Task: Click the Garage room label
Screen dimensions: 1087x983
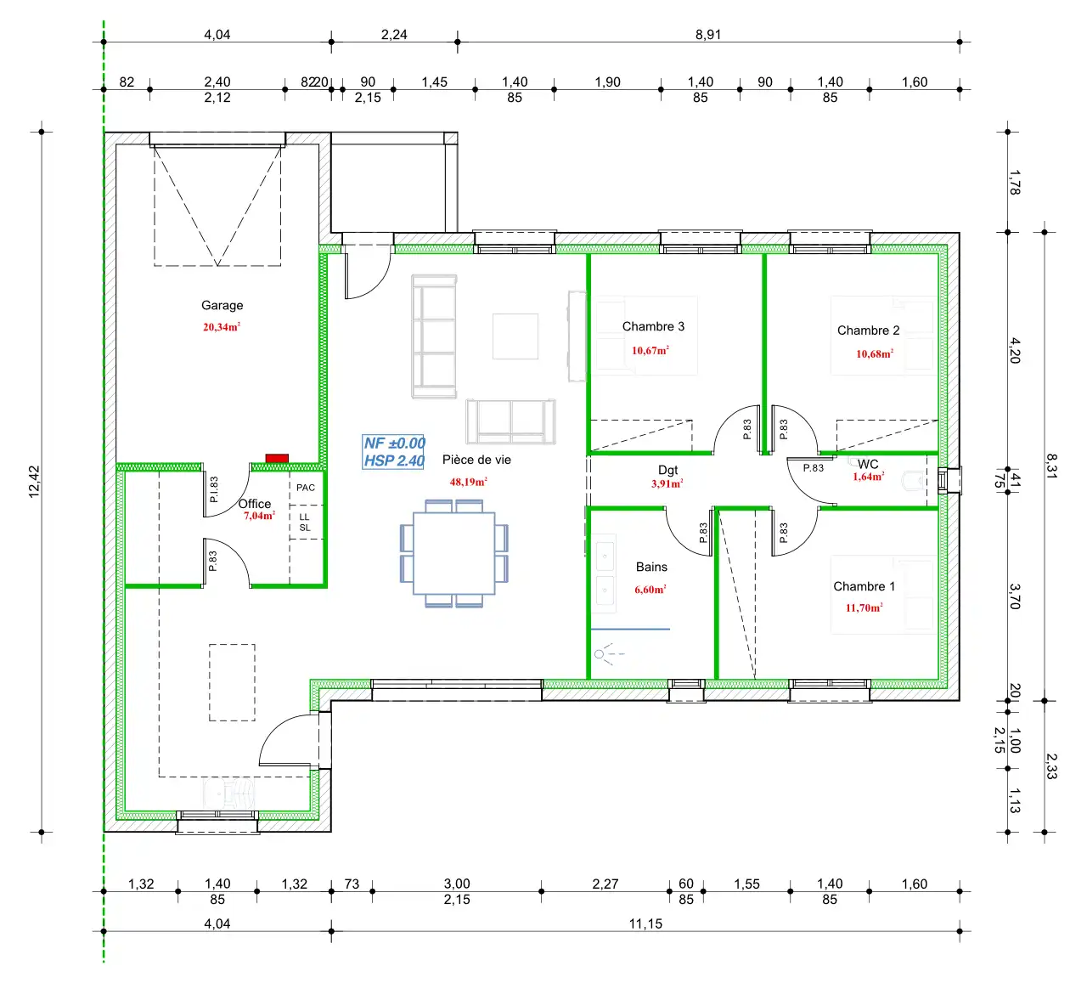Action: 222,306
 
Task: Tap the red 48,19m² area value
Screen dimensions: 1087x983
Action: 468,482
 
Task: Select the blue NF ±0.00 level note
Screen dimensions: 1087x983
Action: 395,443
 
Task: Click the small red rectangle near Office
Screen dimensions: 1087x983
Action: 277,459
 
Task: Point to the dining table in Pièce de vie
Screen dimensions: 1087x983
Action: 454,554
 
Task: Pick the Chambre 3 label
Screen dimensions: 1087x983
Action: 653,326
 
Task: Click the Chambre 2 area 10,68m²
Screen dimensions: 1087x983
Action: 875,354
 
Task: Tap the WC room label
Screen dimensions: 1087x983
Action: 868,464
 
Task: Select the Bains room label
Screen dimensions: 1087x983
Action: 651,567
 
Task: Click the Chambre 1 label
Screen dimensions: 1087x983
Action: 864,586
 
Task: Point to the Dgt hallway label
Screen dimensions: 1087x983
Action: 667,470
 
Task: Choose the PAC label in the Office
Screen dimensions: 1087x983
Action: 306,488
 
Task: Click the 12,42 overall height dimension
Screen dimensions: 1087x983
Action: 34,482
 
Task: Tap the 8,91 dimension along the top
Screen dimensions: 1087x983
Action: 708,35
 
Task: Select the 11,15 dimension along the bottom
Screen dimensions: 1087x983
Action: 645,924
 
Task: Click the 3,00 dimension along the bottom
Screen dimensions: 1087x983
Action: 457,884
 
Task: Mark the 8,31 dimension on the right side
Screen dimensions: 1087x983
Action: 1051,466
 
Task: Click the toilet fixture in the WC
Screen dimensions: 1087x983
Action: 913,480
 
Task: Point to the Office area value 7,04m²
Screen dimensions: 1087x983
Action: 259,516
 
